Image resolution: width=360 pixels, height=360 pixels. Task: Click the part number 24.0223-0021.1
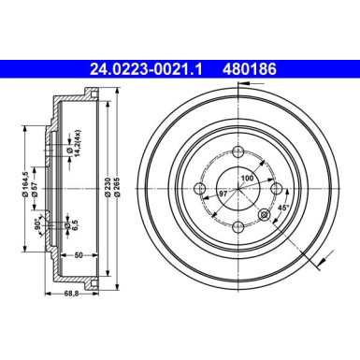pos(150,68)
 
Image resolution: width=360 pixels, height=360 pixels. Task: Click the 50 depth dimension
pos(80,254)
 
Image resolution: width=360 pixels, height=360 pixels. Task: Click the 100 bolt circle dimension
pos(248,179)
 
